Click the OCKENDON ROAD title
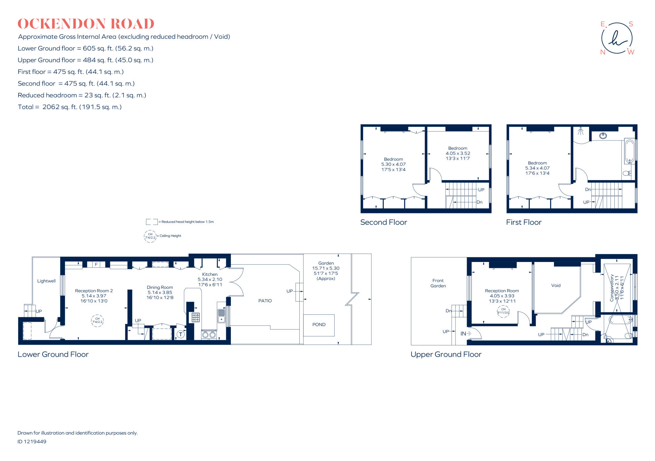[86, 24]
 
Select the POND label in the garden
[319, 325]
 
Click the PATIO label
[265, 301]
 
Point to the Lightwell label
[46, 281]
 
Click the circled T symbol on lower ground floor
[181, 335]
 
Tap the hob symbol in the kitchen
[195, 317]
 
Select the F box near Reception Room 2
[96, 265]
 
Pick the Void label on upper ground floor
[556, 285]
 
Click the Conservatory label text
[612, 288]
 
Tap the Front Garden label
[438, 283]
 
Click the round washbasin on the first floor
[603, 136]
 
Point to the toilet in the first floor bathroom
[627, 173]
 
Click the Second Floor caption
[383, 222]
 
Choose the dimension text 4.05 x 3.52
[458, 153]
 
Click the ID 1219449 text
[32, 441]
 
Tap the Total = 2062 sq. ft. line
[70, 107]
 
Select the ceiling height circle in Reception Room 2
[98, 320]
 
